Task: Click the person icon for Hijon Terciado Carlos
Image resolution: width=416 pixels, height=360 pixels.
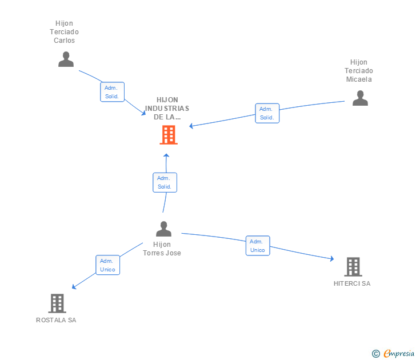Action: click(x=66, y=59)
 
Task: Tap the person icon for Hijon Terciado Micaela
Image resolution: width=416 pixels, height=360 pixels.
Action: click(x=360, y=98)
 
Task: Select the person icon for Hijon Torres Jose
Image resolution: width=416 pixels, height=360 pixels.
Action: click(x=164, y=229)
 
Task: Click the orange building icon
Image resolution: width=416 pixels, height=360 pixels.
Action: click(x=168, y=135)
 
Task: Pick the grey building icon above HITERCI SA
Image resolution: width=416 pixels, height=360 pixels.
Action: click(x=353, y=266)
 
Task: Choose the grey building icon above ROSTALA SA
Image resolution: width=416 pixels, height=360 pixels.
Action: click(x=57, y=303)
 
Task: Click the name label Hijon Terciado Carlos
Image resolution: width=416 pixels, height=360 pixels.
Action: click(x=65, y=32)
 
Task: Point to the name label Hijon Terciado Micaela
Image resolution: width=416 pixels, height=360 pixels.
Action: click(x=359, y=71)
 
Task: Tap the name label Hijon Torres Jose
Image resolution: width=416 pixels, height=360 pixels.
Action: click(x=163, y=249)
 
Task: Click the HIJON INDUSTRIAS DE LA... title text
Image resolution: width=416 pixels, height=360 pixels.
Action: click(x=167, y=109)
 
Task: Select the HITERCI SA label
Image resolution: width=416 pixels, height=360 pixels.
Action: click(x=352, y=283)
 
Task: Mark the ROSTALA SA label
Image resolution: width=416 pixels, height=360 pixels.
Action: click(x=56, y=320)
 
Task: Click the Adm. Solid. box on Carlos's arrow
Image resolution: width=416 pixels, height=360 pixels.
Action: click(x=112, y=92)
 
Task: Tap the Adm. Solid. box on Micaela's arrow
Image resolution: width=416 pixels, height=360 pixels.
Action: click(x=267, y=113)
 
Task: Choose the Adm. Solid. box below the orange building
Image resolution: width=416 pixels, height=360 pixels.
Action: click(x=165, y=182)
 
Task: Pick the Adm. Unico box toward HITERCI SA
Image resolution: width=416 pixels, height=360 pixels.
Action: click(x=258, y=246)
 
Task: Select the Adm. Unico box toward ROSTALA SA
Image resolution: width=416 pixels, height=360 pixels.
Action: click(x=107, y=265)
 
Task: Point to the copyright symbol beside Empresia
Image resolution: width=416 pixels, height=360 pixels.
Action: click(x=376, y=354)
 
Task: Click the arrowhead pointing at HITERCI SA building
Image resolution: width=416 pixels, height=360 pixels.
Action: click(x=331, y=259)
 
